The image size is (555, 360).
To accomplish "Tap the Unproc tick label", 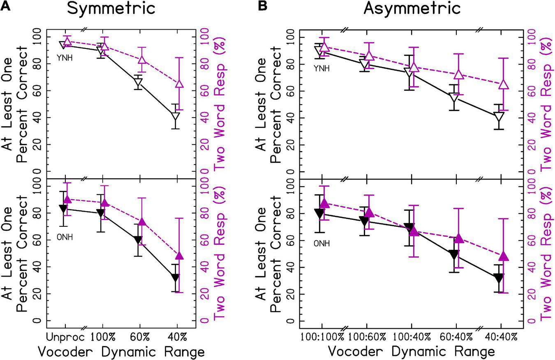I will point(65,337).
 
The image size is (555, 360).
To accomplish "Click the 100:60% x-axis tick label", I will point(367,337).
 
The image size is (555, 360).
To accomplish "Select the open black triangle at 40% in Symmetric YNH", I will point(176,118).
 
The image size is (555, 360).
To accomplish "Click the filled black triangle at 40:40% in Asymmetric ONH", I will point(499,279).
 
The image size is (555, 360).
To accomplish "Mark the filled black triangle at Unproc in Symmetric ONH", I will point(63,208).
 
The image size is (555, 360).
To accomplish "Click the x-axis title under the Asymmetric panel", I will point(411,352).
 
